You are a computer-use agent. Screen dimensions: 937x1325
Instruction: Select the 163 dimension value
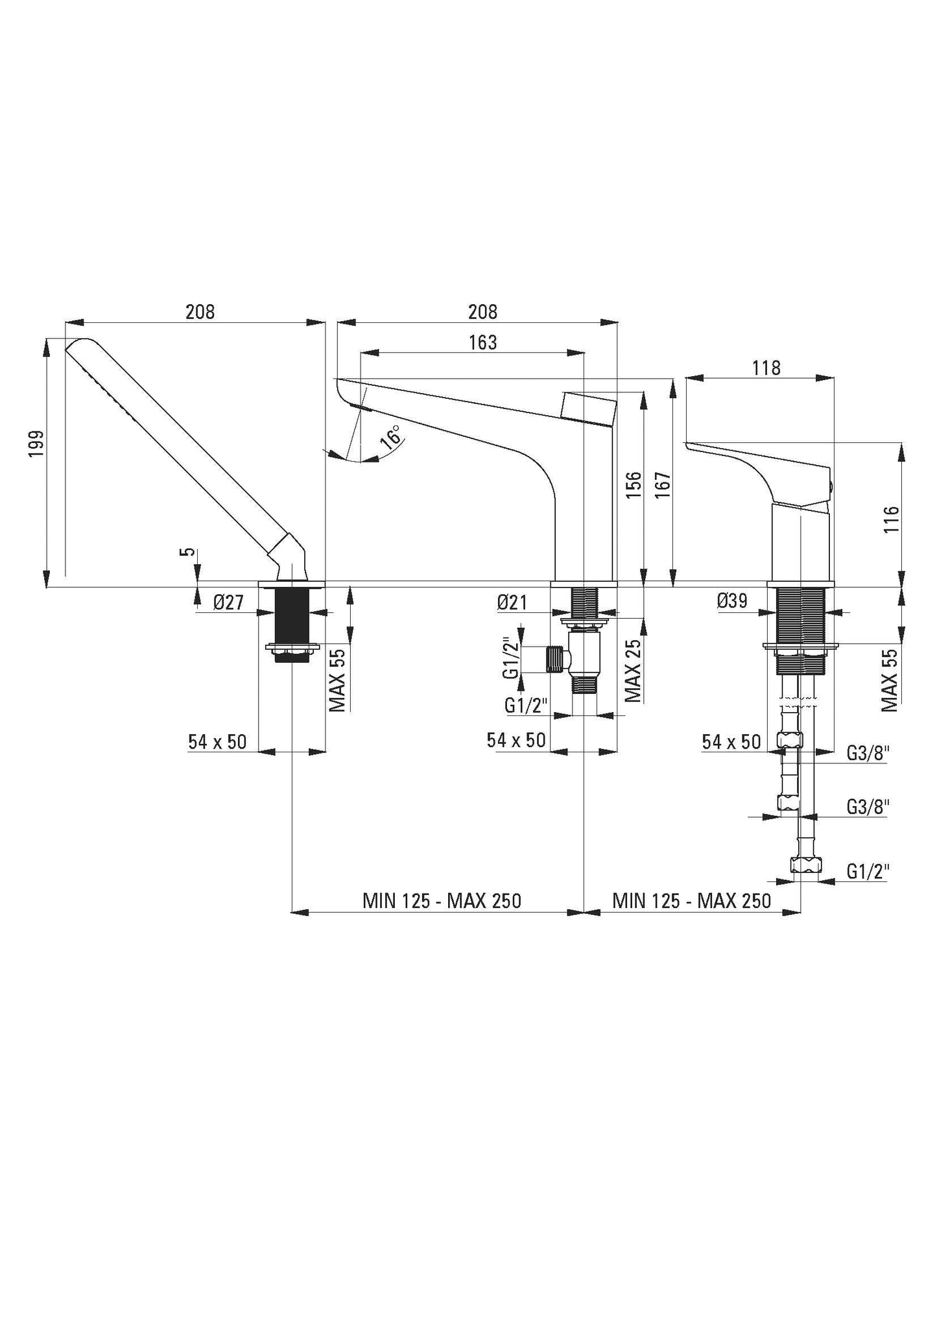click(482, 342)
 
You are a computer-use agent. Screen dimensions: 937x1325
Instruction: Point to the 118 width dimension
click(766, 368)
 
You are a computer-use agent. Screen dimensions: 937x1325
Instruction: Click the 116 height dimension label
click(892, 519)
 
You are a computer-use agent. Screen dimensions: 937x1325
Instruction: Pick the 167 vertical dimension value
click(661, 484)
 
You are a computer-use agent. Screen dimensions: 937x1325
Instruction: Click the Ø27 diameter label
click(228, 603)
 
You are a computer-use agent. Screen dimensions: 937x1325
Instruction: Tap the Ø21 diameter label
click(512, 603)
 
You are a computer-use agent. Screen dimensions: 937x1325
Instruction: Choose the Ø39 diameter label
click(732, 601)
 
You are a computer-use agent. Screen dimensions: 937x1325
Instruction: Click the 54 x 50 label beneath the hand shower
click(217, 741)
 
